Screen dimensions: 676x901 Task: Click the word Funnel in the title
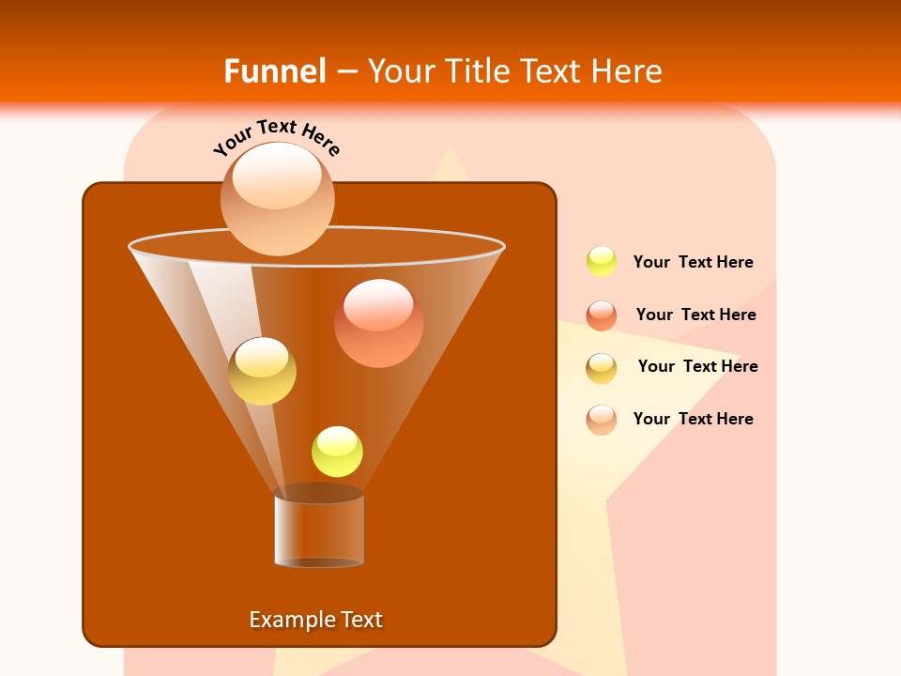pyautogui.click(x=274, y=71)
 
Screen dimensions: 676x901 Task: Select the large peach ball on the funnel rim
pyautogui.click(x=277, y=199)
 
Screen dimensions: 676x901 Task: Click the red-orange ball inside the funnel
pyautogui.click(x=378, y=323)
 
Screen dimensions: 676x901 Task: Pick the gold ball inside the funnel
pyautogui.click(x=262, y=371)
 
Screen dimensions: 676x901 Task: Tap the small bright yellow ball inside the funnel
pyautogui.click(x=337, y=452)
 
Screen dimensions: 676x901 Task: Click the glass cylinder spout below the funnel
pyautogui.click(x=319, y=530)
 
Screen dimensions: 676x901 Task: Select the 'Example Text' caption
pyautogui.click(x=315, y=620)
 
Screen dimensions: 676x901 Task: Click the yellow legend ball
pyautogui.click(x=602, y=262)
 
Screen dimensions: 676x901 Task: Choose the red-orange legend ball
pyautogui.click(x=602, y=315)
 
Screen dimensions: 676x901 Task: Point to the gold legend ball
pyautogui.click(x=602, y=368)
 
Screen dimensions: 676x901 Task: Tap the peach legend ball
pyautogui.click(x=602, y=420)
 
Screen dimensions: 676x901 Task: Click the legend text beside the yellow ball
pyautogui.click(x=693, y=263)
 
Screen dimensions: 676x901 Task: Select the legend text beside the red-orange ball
pyautogui.click(x=695, y=315)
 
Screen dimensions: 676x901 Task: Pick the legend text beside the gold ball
pyautogui.click(x=697, y=367)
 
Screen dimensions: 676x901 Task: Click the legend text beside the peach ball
pyautogui.click(x=693, y=420)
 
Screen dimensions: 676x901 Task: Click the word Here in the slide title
pyautogui.click(x=629, y=71)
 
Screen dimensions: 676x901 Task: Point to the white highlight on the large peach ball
pyautogui.click(x=277, y=177)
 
